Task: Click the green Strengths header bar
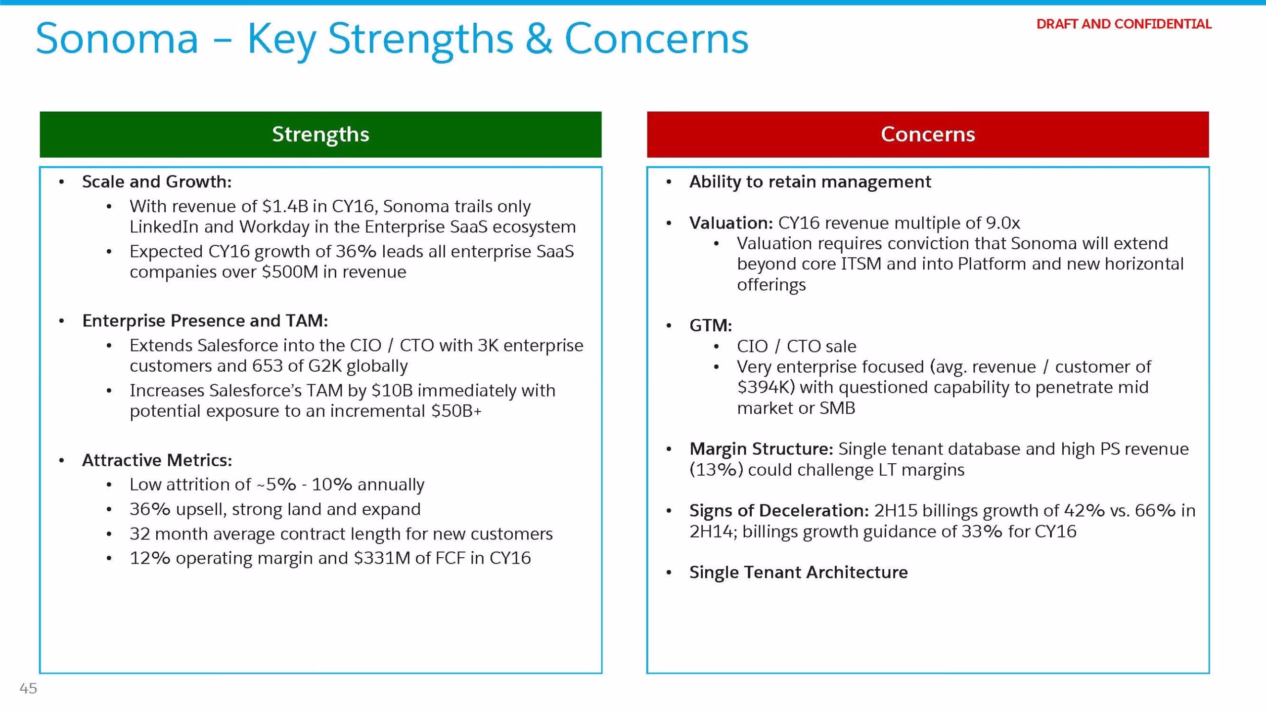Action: [320, 134]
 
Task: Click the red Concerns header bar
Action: [928, 134]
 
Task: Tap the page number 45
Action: [28, 688]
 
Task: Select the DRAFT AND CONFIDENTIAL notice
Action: [1124, 24]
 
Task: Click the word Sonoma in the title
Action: [117, 39]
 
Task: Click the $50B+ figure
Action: [456, 411]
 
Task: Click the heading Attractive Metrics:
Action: [157, 460]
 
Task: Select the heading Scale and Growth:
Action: [157, 182]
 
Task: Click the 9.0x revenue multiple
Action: [1003, 223]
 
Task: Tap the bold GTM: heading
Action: [711, 325]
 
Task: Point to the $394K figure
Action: [766, 387]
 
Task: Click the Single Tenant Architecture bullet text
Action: [799, 572]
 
